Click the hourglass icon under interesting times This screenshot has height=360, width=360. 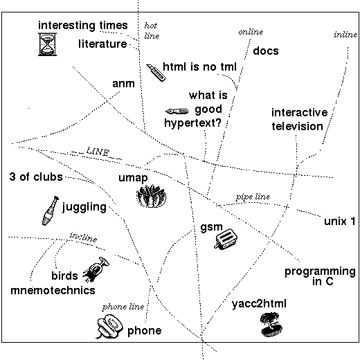pyautogui.click(x=47, y=44)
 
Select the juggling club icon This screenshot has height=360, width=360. pyautogui.click(x=51, y=210)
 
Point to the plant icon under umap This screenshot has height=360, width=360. pyautogui.click(x=151, y=196)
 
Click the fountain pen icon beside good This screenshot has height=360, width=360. pyautogui.click(x=177, y=111)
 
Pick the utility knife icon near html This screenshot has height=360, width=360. pyautogui.click(x=156, y=73)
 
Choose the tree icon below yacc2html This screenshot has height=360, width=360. pyautogui.click(x=271, y=325)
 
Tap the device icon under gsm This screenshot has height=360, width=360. pyautogui.click(x=226, y=239)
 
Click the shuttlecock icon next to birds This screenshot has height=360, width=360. pyautogui.click(x=96, y=269)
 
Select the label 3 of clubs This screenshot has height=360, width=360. pyautogui.click(x=36, y=177)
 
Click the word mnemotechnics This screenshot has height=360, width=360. pyautogui.click(x=53, y=290)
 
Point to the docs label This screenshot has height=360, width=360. pyautogui.click(x=266, y=51)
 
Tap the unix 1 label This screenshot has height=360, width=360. pyautogui.click(x=340, y=221)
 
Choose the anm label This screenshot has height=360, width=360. pyautogui.click(x=123, y=84)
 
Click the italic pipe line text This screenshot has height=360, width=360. pyautogui.click(x=253, y=197)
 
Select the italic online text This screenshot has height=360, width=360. pyautogui.click(x=251, y=32)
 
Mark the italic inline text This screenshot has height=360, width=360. pyautogui.click(x=345, y=35)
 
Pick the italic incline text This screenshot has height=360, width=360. pyautogui.click(x=83, y=237)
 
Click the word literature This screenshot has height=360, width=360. pyautogui.click(x=102, y=44)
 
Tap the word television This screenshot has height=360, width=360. pyautogui.click(x=297, y=127)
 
